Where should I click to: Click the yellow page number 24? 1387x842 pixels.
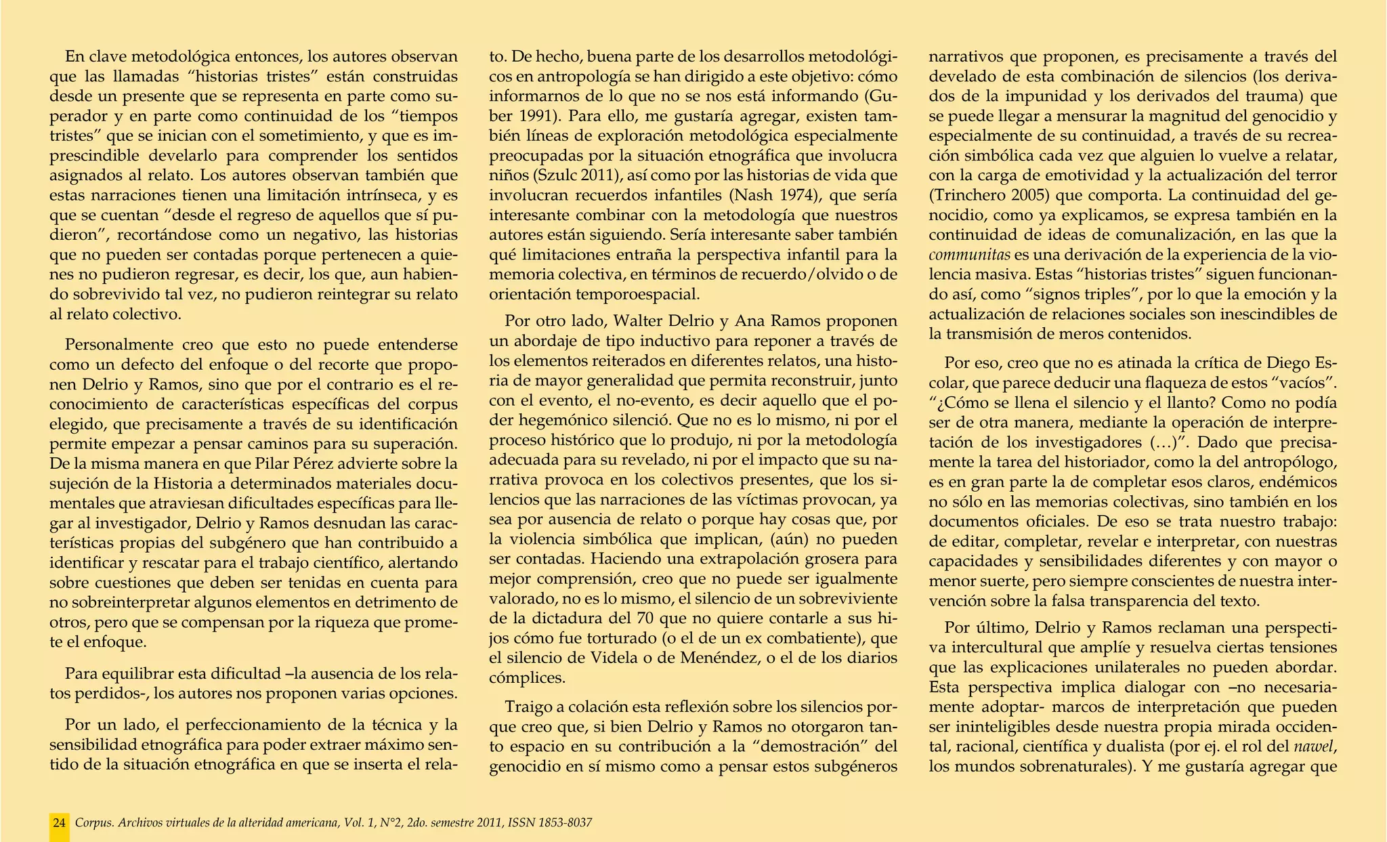click(60, 823)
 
